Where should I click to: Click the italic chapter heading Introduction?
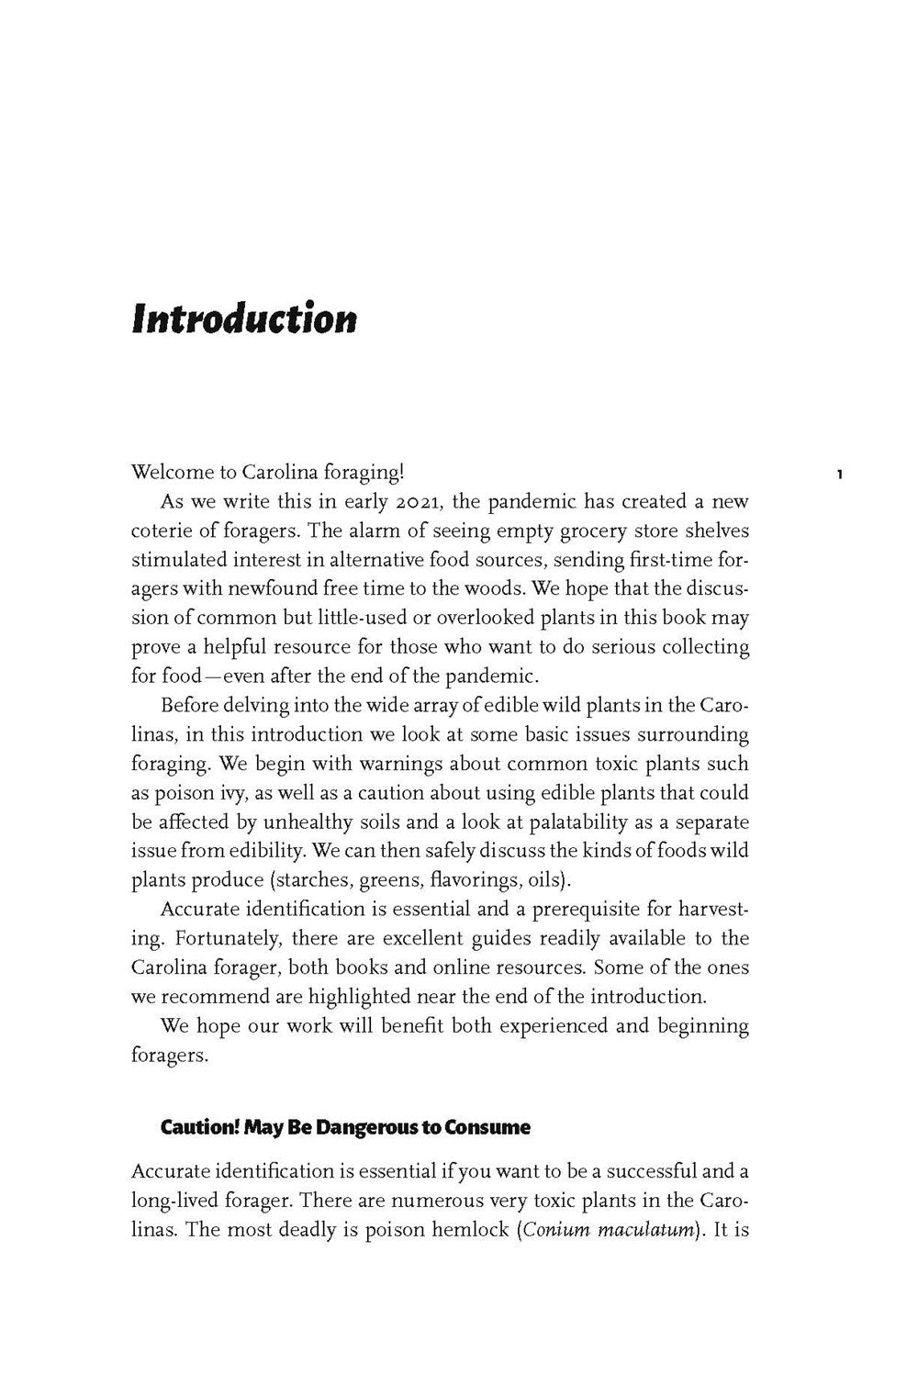(x=243, y=319)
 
